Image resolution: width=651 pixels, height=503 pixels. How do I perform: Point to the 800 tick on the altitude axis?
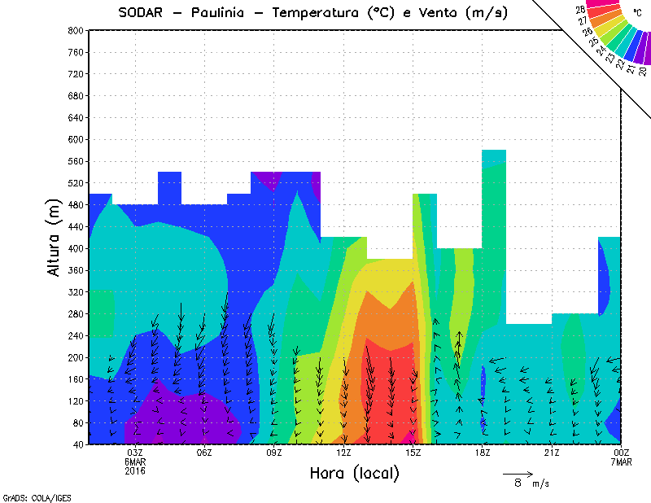click(75, 30)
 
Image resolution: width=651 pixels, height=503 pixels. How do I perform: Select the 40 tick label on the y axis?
click(77, 444)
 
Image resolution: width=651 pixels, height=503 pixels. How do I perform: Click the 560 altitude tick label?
click(75, 161)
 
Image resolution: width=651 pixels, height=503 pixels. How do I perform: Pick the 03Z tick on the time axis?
click(135, 453)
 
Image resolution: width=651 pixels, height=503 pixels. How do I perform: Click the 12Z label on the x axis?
click(343, 453)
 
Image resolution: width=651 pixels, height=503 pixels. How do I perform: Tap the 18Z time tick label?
click(483, 453)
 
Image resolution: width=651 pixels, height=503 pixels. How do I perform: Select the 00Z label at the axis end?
click(622, 453)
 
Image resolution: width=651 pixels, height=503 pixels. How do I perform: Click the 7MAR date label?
click(622, 461)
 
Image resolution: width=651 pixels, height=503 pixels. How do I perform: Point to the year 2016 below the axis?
click(135, 470)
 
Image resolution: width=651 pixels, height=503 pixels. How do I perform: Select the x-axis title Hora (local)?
click(355, 473)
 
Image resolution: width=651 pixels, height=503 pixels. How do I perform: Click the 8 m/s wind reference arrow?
click(518, 473)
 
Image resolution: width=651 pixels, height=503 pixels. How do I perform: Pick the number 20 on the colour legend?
click(643, 71)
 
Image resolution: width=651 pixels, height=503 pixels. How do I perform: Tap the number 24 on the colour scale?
click(601, 50)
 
